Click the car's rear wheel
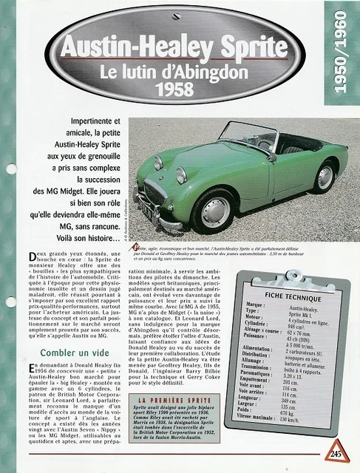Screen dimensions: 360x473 coord(324,177)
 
